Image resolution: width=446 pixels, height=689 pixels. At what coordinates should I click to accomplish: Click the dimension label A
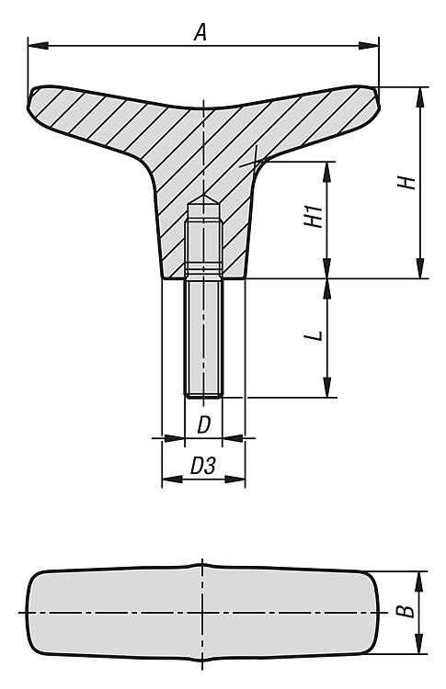[x=200, y=32]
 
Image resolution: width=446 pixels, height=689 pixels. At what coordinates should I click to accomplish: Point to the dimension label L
[x=314, y=335]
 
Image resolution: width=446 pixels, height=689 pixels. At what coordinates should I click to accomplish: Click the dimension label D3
[x=202, y=466]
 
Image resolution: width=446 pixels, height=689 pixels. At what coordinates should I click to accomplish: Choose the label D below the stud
[x=203, y=425]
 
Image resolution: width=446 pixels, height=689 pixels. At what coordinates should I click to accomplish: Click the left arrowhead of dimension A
[x=38, y=45]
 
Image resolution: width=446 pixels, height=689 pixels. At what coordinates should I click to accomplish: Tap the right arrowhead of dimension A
[x=368, y=45]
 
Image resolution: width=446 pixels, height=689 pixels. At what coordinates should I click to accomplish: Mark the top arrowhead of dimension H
[x=420, y=97]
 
